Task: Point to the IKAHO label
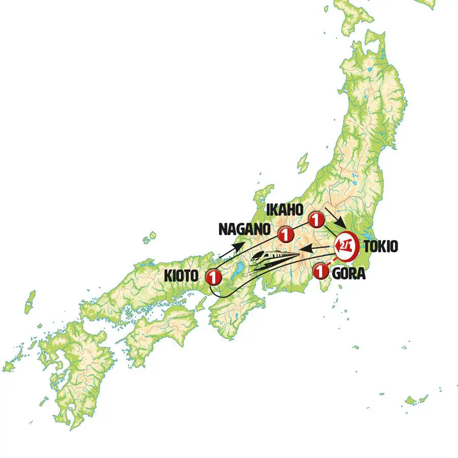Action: [x=284, y=210]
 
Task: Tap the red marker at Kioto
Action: [x=213, y=277]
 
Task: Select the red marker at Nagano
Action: [x=286, y=235]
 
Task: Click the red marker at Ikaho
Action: [x=317, y=220]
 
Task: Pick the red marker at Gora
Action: [x=321, y=272]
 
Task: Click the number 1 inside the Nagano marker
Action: [x=286, y=235]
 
